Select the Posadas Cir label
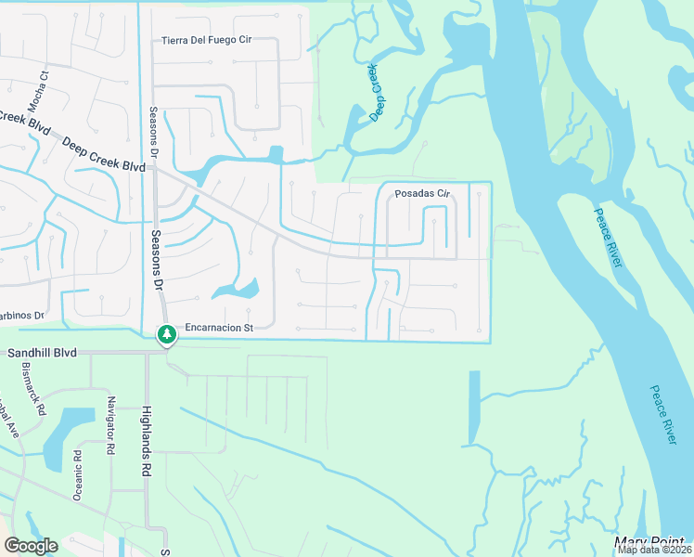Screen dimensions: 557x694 422,194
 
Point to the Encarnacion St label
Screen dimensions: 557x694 219,328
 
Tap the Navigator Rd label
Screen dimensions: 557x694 110,425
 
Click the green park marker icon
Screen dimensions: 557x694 167,334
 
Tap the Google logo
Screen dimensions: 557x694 31,546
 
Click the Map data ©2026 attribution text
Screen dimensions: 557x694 651,550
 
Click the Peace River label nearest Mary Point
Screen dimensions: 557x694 662,414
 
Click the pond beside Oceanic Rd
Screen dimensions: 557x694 65,434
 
